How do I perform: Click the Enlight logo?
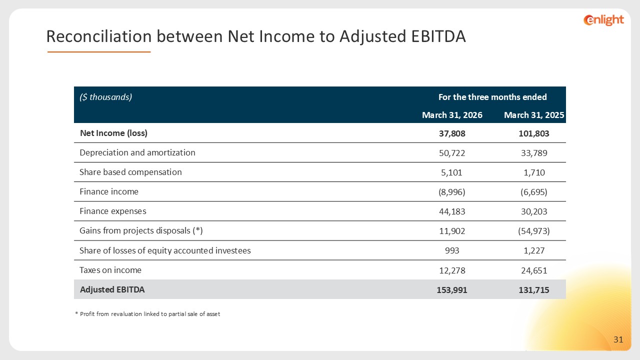coord(603,20)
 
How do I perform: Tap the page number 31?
coord(618,339)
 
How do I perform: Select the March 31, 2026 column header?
coord(452,115)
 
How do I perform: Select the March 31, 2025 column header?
coord(534,115)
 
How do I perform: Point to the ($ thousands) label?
coord(105,97)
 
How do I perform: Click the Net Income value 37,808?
coord(452,133)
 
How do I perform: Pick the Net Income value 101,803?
coord(534,133)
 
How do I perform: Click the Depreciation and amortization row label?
coord(137,152)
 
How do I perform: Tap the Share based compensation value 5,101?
coord(451,172)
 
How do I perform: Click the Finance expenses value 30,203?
coord(534,211)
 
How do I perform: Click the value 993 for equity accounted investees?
coord(452,250)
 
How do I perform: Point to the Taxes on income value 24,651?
coord(534,270)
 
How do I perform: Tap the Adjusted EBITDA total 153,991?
coord(452,290)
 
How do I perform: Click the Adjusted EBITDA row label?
coord(112,289)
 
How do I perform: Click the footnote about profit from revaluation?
coord(147,314)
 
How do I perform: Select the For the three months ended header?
coord(492,97)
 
